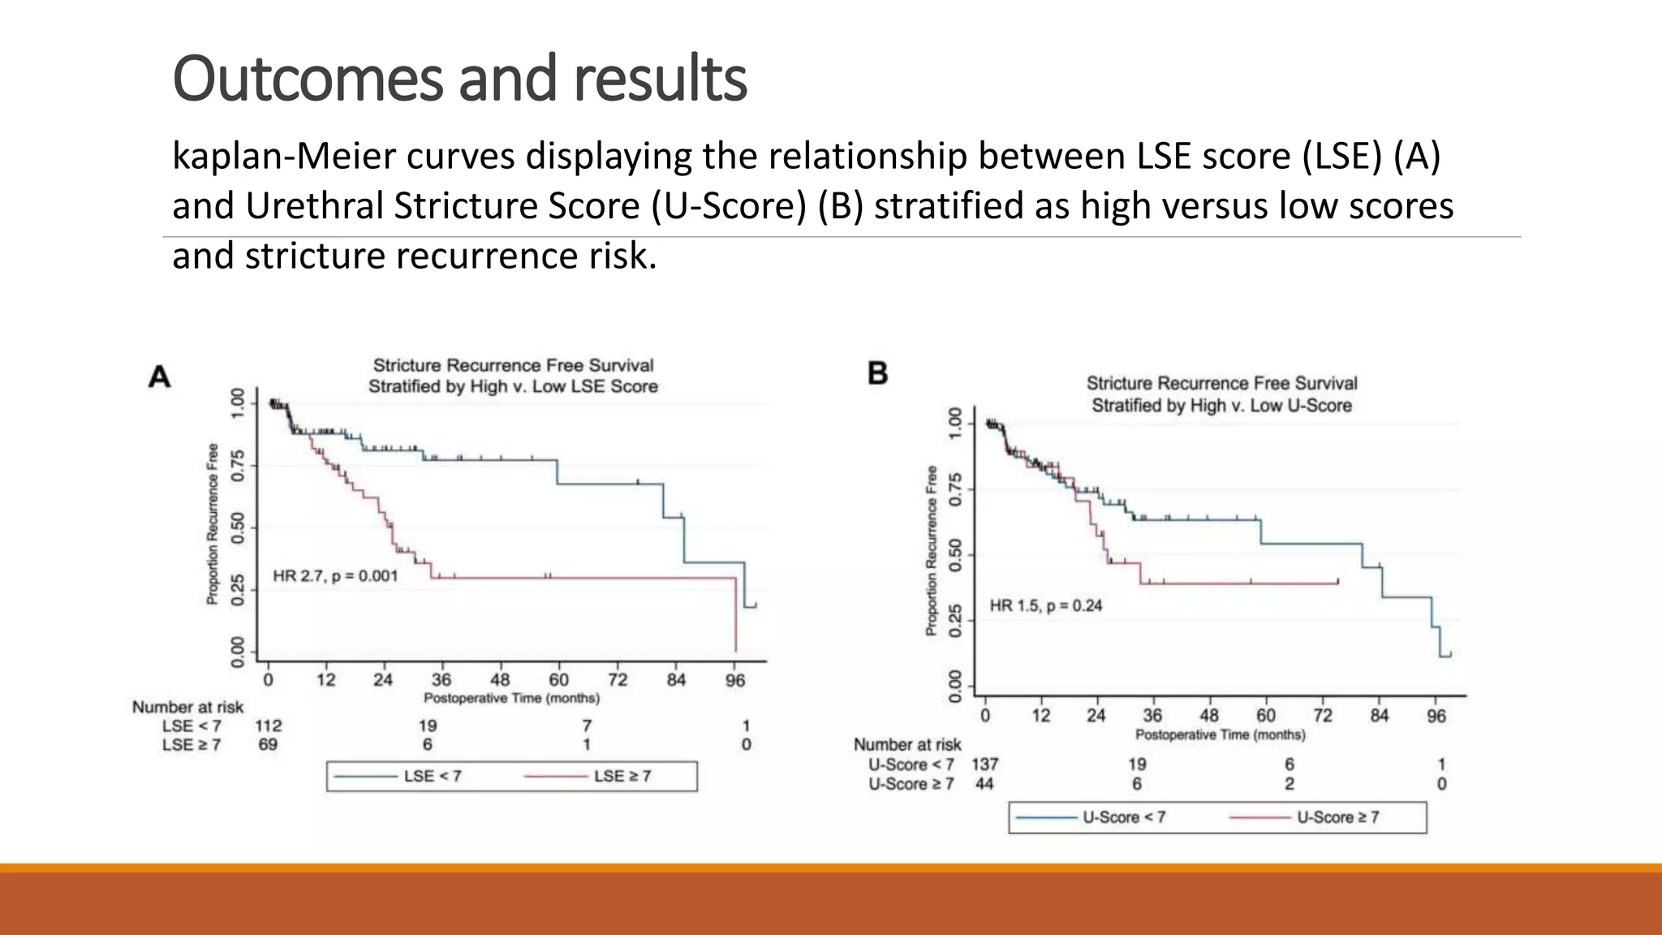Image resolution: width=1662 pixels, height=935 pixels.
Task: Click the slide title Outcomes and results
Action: coord(459,79)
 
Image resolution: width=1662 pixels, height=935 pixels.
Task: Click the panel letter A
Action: coord(160,377)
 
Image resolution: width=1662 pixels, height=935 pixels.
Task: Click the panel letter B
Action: coord(878,373)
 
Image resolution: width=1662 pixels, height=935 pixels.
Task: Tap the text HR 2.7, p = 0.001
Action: coord(335,576)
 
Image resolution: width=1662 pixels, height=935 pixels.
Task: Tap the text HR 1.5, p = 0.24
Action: coord(1045,605)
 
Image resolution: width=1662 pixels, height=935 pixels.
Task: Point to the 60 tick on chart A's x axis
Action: coord(558,679)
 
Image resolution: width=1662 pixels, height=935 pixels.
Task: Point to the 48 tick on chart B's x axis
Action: coord(1208,716)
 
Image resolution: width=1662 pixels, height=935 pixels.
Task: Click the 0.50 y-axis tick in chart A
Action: coord(238,528)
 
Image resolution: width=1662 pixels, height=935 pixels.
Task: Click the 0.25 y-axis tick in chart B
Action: coord(955,621)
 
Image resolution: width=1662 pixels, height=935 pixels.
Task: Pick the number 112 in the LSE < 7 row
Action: coord(268,726)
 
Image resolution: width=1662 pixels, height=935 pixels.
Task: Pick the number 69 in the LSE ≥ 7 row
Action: coord(268,744)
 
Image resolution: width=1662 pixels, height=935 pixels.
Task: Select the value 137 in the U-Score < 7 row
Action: coord(984,764)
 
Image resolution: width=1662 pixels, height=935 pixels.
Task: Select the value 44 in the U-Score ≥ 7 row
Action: coord(984,783)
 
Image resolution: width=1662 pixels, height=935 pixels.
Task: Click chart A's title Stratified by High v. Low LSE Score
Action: coord(513,386)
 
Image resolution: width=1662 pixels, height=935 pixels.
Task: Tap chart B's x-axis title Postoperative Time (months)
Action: coord(1220,735)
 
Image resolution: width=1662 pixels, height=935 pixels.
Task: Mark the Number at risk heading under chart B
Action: coord(906,744)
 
